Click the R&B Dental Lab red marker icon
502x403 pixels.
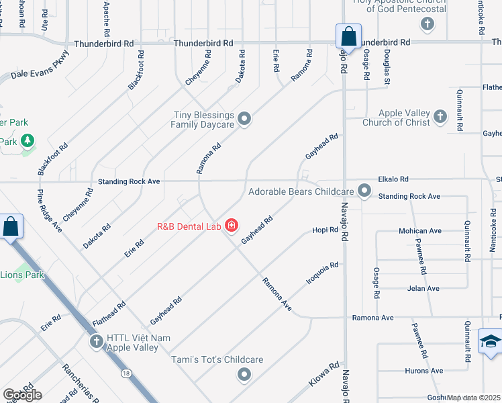[x=232, y=226]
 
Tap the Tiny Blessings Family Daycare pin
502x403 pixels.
[x=245, y=120]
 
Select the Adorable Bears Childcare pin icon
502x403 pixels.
[x=364, y=191]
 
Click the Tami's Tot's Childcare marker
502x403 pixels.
[x=244, y=374]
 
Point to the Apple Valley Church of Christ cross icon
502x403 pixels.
[x=440, y=118]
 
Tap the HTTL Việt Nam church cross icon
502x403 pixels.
[x=96, y=342]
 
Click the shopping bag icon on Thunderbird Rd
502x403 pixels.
[x=348, y=36]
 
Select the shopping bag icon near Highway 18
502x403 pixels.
[x=11, y=226]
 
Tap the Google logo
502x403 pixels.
[x=22, y=395]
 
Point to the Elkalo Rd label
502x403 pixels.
[x=393, y=179]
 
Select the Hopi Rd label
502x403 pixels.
[x=325, y=230]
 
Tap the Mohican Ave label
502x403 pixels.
[x=420, y=231]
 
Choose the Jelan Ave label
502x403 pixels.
[x=423, y=289]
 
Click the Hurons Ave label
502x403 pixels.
[x=423, y=371]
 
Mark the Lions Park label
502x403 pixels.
[x=21, y=275]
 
